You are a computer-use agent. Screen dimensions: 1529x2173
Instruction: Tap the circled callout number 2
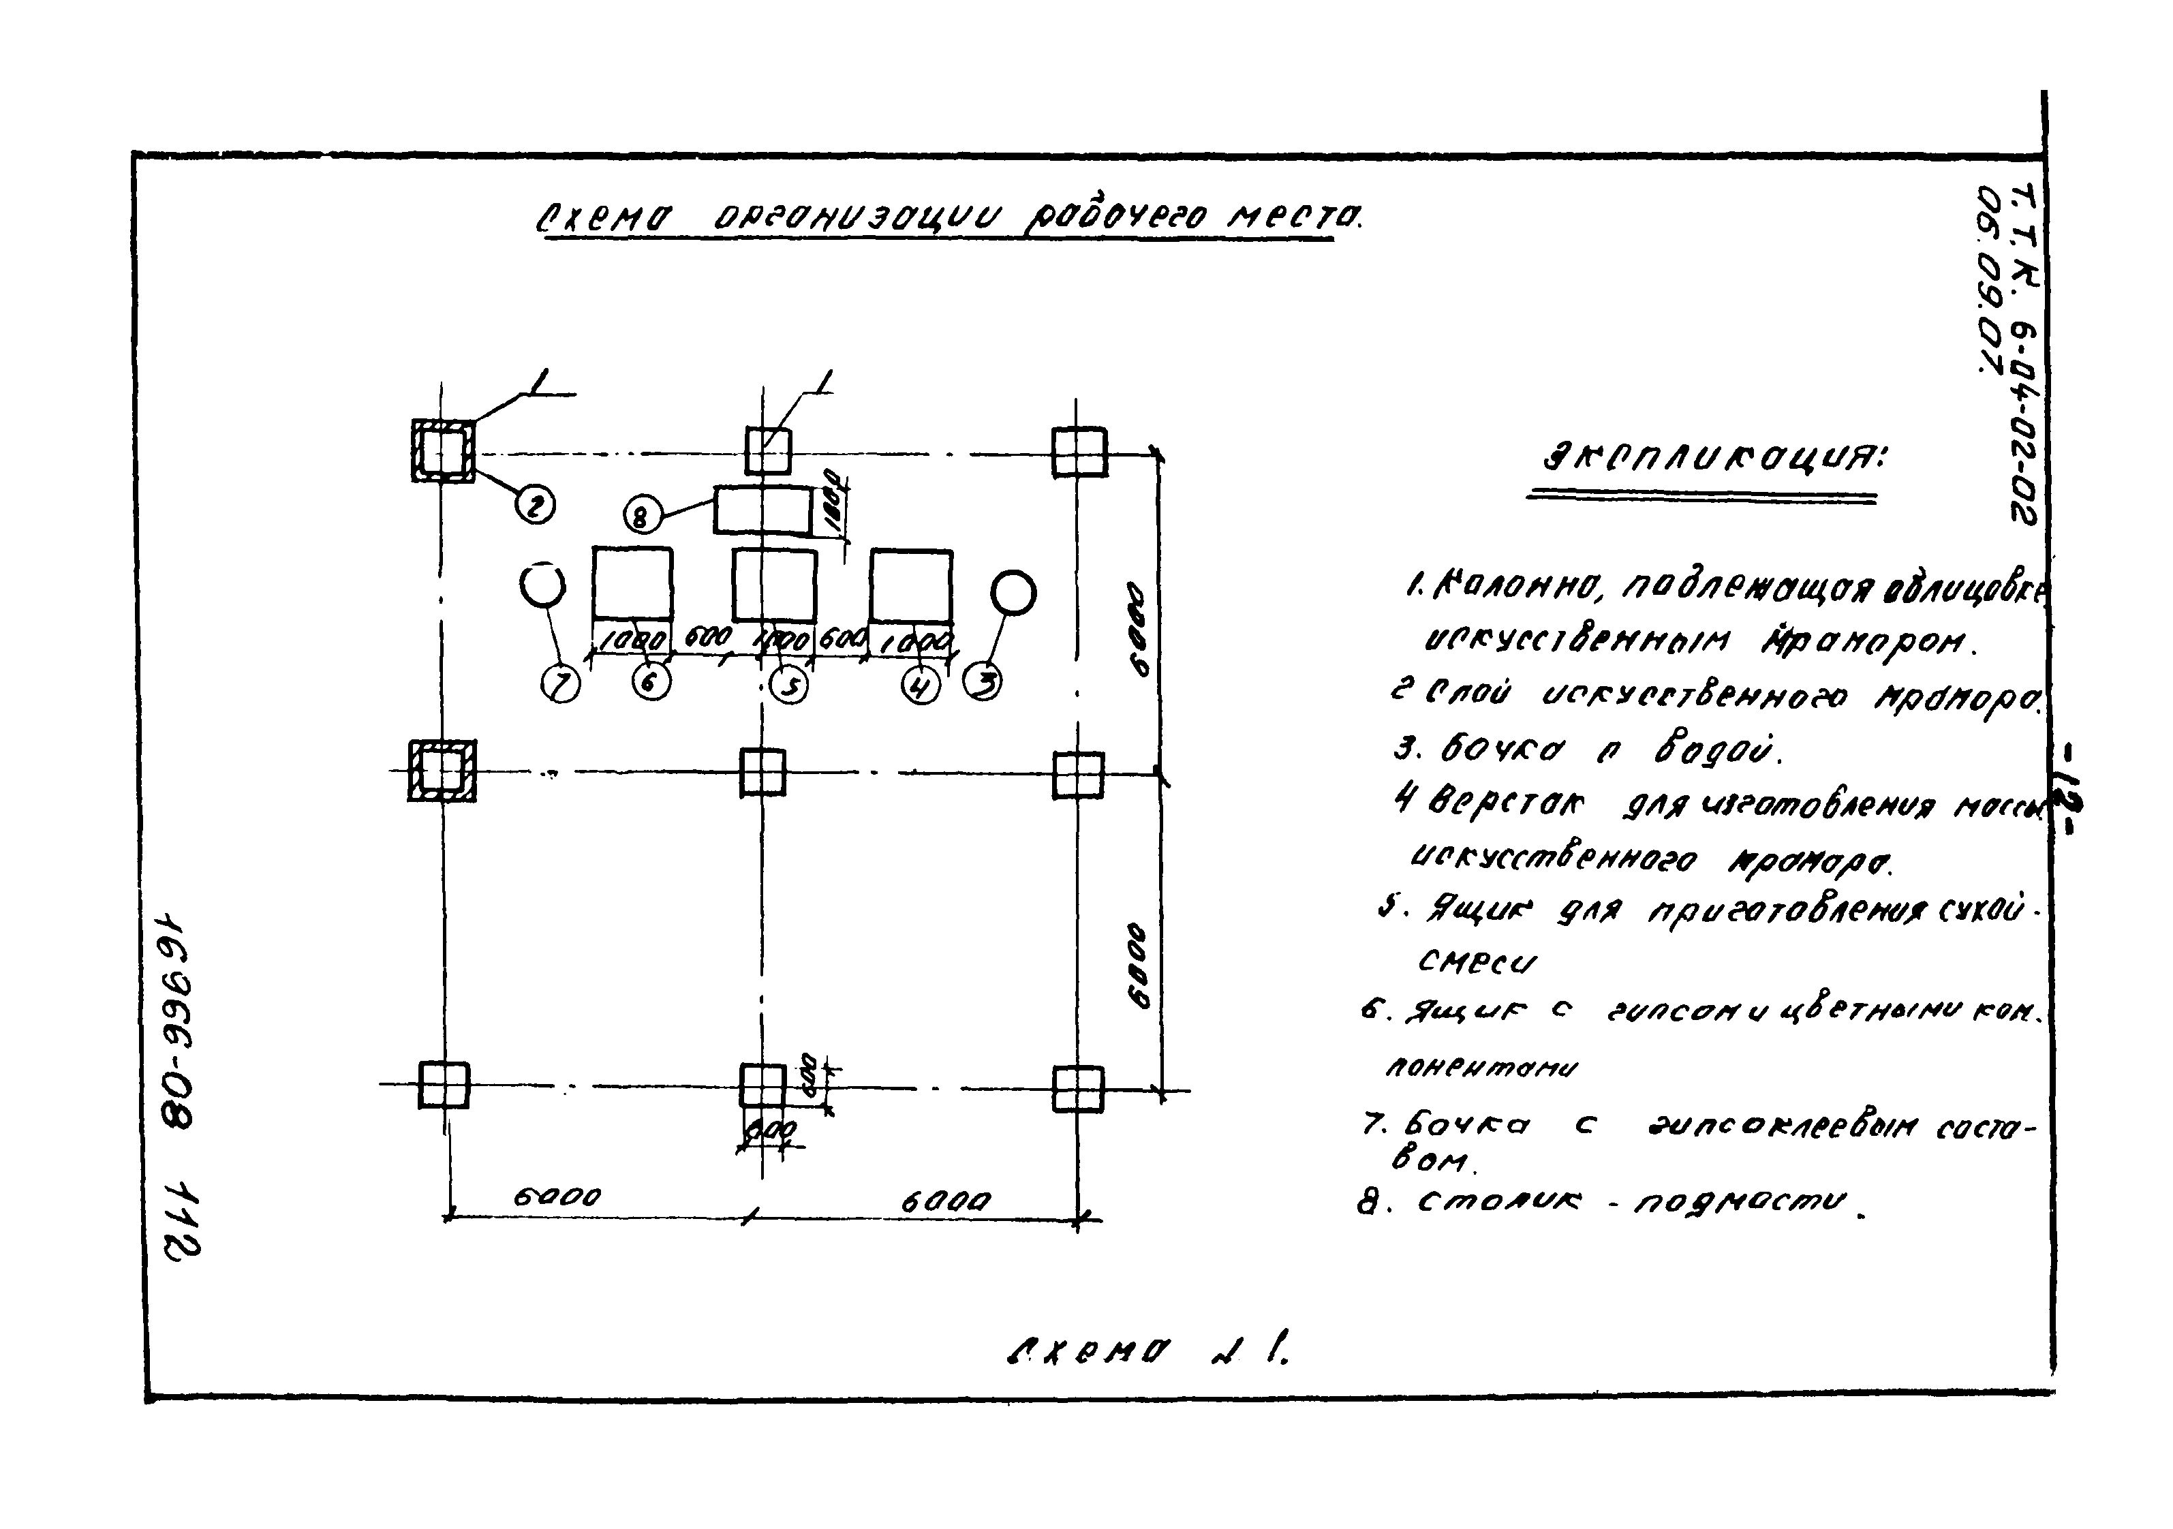coord(535,507)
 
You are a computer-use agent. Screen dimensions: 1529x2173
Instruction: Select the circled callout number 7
coord(560,683)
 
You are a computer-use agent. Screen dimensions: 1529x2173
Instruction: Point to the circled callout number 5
coord(789,685)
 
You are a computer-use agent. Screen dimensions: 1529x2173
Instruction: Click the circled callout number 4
coord(920,685)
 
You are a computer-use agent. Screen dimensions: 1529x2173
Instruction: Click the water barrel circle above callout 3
coord(1013,594)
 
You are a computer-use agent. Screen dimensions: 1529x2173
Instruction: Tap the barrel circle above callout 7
coord(542,587)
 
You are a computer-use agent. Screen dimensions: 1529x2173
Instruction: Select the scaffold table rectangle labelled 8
coord(762,512)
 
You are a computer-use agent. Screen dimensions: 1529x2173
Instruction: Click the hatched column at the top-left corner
coord(443,451)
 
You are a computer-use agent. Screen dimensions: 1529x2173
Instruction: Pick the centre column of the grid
coord(762,772)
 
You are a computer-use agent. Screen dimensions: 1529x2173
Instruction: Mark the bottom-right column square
coord(1077,1089)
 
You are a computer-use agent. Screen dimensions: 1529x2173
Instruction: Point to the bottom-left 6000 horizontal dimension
coord(557,1197)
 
